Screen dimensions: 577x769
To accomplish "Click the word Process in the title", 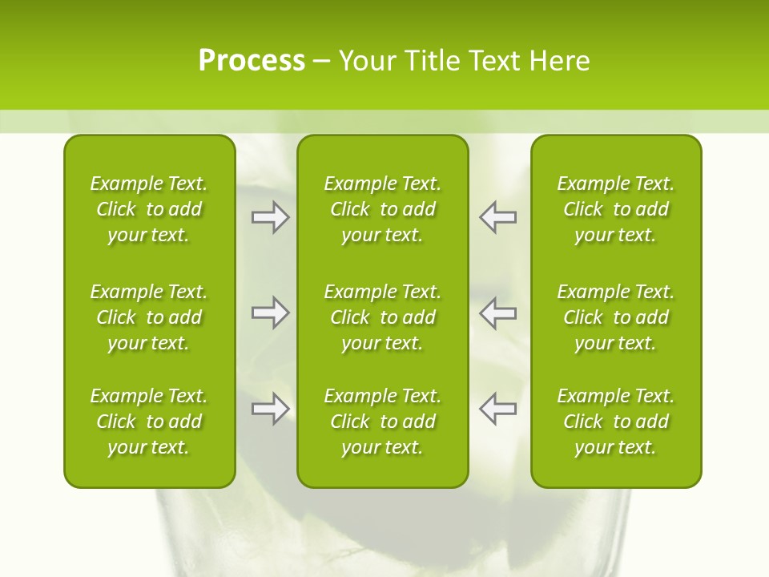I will click(252, 61).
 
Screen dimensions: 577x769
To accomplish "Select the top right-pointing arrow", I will click(270, 217).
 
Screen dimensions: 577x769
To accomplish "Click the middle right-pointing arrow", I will click(270, 313).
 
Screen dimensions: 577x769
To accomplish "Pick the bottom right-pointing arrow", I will click(270, 409).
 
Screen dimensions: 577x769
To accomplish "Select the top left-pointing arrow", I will click(498, 217).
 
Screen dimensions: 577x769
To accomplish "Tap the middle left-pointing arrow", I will click(498, 313).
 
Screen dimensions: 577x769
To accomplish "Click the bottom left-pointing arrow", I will click(498, 409).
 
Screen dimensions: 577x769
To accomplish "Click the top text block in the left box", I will click(149, 209).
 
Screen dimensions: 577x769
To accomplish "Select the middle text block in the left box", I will click(149, 317).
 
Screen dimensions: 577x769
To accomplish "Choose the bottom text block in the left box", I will click(149, 422).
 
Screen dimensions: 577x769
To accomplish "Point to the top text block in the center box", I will click(382, 209).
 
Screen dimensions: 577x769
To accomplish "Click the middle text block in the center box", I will click(382, 317).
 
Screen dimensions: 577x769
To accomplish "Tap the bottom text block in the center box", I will click(382, 422).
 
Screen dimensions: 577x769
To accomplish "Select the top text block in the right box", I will click(615, 209).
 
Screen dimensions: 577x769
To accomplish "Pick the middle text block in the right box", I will click(615, 317).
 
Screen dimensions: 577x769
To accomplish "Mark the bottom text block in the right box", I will click(615, 422).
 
